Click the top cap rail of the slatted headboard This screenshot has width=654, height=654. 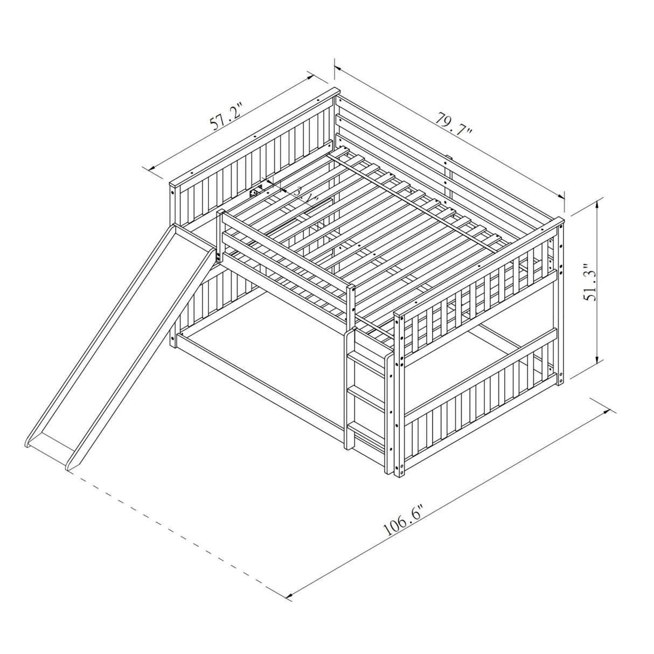pyautogui.click(x=253, y=137)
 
